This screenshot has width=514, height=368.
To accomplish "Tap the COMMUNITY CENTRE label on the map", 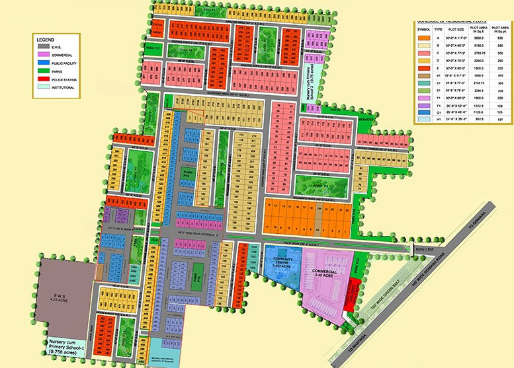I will [x=280, y=266].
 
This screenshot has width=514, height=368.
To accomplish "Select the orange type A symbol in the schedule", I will [x=423, y=38].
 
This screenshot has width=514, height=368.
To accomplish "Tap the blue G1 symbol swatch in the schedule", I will [x=423, y=112].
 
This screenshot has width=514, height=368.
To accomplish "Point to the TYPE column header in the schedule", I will [x=437, y=29].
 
